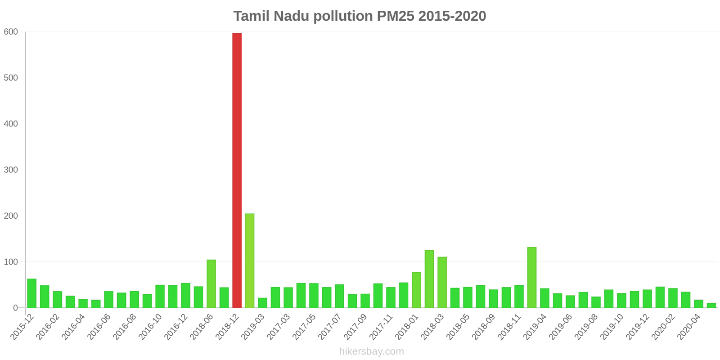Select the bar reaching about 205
(250, 261)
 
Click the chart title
(360, 16)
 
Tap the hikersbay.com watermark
(371, 351)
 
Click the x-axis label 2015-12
(22, 327)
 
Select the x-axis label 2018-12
(228, 327)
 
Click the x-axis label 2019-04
(535, 327)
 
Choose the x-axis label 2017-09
(356, 327)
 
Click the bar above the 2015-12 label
(31, 293)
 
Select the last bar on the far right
(711, 306)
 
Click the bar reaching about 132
(532, 277)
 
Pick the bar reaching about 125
(429, 279)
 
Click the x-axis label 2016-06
(99, 327)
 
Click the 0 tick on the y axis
(16, 308)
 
